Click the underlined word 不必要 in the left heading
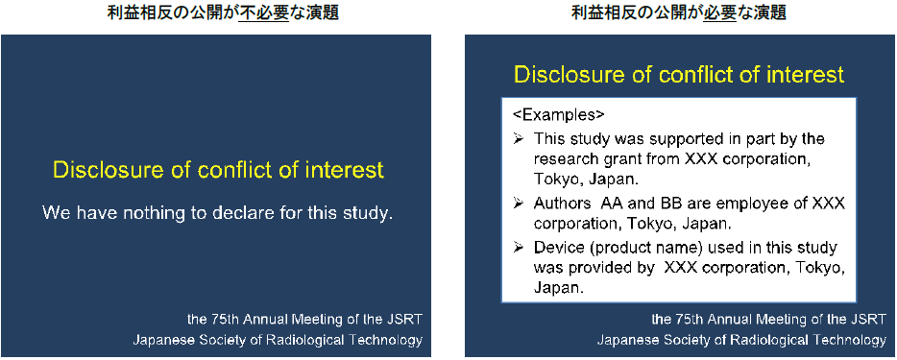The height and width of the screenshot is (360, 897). (264, 13)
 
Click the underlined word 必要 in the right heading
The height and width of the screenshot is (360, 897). (719, 13)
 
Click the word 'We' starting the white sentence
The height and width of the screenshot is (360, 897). (56, 214)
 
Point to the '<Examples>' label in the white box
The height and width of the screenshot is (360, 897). (558, 115)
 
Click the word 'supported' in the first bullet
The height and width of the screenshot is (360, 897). (690, 139)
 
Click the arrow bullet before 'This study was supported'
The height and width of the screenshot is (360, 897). (519, 139)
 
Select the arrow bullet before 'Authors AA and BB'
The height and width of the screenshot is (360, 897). (519, 203)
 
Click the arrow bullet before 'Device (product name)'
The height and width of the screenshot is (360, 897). (519, 248)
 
